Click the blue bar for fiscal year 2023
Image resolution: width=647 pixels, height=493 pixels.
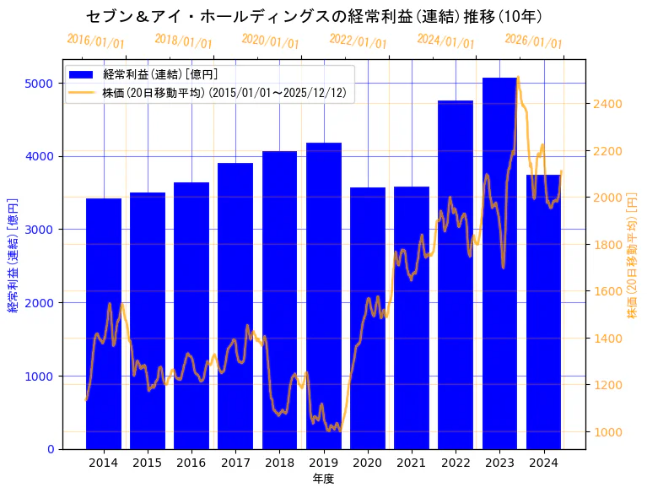pyautogui.click(x=499, y=263)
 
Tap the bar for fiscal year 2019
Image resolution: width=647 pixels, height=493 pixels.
pyautogui.click(x=324, y=295)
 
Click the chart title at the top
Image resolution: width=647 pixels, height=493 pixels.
pyautogui.click(x=314, y=16)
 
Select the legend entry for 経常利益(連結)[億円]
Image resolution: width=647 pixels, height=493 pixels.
pyautogui.click(x=159, y=75)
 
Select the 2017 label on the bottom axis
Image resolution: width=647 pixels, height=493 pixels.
pyautogui.click(x=235, y=463)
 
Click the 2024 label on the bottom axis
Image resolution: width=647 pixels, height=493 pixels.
pyautogui.click(x=543, y=463)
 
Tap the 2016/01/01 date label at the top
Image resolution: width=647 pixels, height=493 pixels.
pyautogui.click(x=95, y=42)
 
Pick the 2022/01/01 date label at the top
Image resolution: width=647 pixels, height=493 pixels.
pyautogui.click(x=359, y=42)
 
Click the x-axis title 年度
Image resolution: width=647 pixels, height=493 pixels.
pyautogui.click(x=323, y=479)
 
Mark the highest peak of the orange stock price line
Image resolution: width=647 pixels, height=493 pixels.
pyautogui.click(x=517, y=78)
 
